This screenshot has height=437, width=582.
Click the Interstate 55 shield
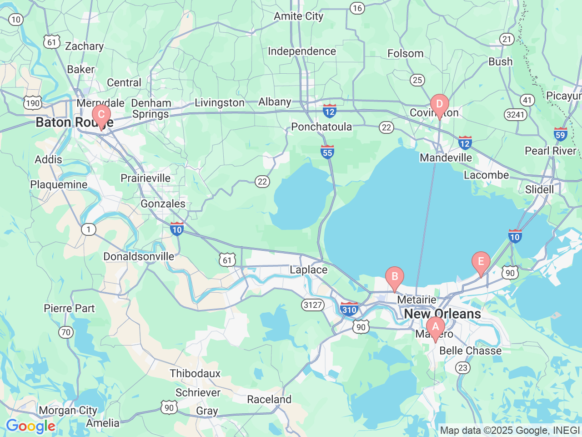point(327,152)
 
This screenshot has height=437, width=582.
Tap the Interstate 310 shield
point(349,309)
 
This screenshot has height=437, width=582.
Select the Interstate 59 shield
point(560,134)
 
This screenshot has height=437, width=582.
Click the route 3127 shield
point(313,305)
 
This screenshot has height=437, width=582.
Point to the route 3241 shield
point(516,114)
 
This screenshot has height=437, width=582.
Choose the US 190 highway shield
point(33,103)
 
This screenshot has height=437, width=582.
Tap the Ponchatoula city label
point(321,127)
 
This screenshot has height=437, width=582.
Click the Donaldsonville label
point(139,256)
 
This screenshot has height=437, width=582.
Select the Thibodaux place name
point(195,373)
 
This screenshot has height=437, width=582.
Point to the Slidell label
point(539,189)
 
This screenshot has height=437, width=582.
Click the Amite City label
point(298,16)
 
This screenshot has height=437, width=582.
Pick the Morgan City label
point(68,410)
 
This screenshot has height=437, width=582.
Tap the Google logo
point(30,427)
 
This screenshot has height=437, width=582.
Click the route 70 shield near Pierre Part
point(66,332)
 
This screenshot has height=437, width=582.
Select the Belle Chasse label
point(470,351)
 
